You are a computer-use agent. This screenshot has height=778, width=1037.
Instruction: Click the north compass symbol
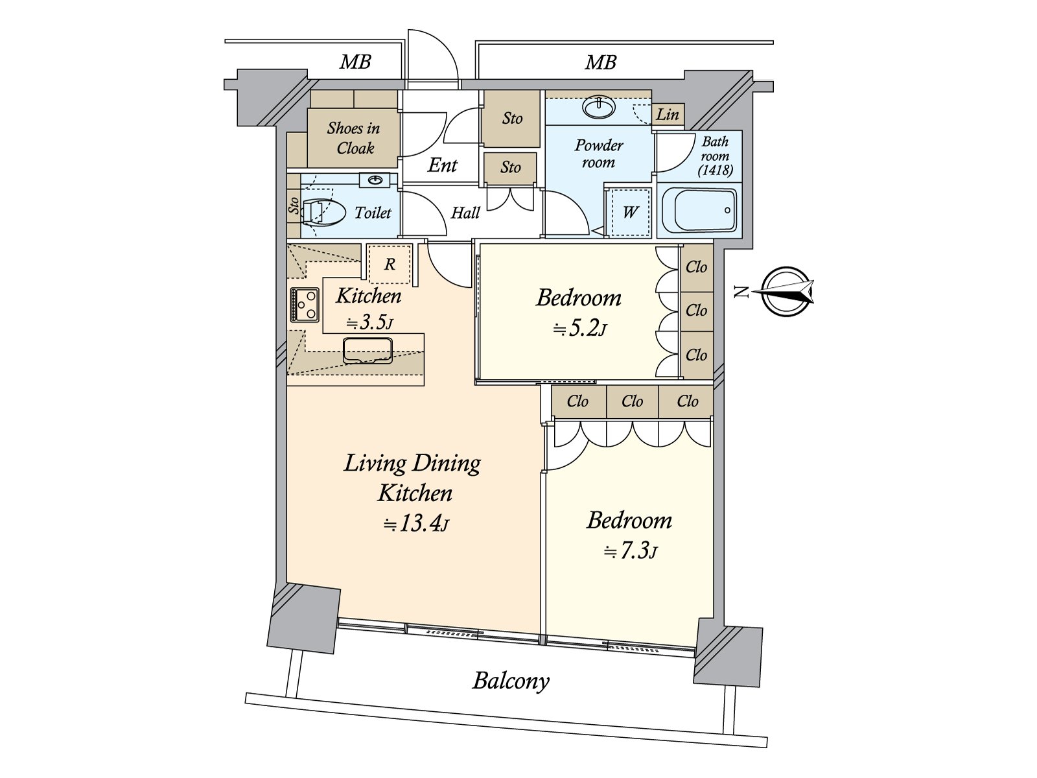coord(786,292)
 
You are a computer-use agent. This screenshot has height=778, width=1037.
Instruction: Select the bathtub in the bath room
coord(699,210)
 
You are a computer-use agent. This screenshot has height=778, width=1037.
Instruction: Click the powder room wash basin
coord(600,107)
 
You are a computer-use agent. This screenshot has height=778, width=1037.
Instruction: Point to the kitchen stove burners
coord(305,305)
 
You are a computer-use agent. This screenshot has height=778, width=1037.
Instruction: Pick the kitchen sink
coord(367,350)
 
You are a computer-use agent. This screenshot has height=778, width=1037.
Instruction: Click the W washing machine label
coord(630,213)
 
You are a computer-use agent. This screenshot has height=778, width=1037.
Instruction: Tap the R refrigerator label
coord(390,264)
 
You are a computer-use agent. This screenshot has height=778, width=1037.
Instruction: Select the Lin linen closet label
coord(668,114)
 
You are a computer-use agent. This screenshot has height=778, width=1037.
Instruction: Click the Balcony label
coord(511,681)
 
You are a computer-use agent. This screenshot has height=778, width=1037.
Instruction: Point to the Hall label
coord(465,213)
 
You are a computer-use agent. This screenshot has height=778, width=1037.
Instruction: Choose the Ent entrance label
coord(442,165)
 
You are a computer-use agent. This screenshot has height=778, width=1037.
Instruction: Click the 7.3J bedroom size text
coord(630,552)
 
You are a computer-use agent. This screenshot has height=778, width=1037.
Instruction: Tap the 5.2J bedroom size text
coord(579,328)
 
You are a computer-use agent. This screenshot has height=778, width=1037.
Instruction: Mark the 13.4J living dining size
coord(415,523)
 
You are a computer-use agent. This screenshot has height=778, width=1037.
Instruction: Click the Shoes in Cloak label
coord(354,138)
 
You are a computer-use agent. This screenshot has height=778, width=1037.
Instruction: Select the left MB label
coord(355,62)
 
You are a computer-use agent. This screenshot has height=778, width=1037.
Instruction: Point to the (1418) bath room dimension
coord(716,170)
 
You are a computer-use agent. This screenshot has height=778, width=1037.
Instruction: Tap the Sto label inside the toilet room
coord(294,205)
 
